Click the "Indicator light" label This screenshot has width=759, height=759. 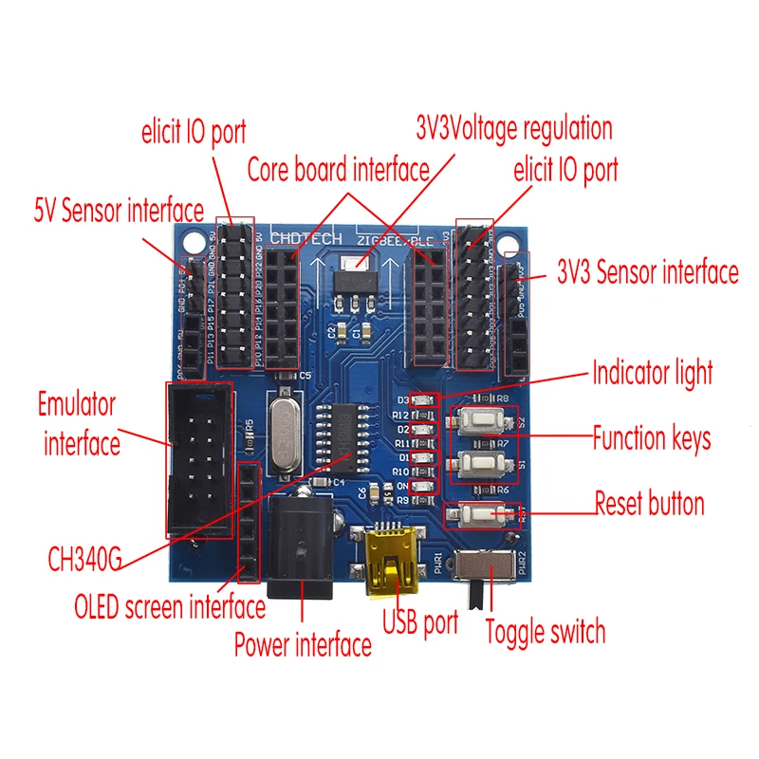pyautogui.click(x=652, y=371)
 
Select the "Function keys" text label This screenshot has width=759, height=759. pyautogui.click(x=651, y=438)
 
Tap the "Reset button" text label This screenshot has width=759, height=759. pyautogui.click(x=649, y=503)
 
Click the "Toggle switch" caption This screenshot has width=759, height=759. pyautogui.click(x=545, y=631)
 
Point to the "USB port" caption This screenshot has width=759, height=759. pyautogui.click(x=419, y=622)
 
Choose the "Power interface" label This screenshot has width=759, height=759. pyautogui.click(x=303, y=646)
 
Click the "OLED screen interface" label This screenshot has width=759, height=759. pyautogui.click(x=170, y=605)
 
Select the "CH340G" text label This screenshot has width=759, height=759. pyautogui.click(x=84, y=559)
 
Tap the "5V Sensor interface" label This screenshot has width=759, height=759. pyautogui.click(x=119, y=210)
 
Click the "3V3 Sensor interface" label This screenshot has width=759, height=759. pyautogui.click(x=648, y=273)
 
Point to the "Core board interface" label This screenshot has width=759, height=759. pyautogui.click(x=338, y=171)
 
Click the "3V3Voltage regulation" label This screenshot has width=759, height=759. pyautogui.click(x=514, y=128)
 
